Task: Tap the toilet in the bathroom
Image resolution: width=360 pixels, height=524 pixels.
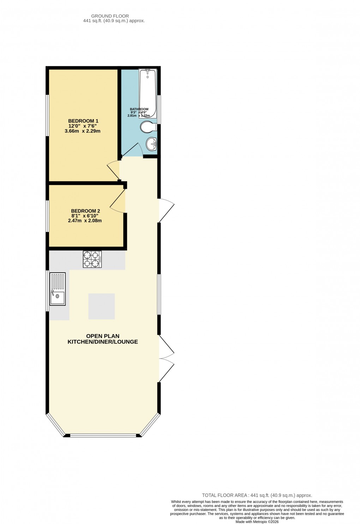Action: (x=148, y=127)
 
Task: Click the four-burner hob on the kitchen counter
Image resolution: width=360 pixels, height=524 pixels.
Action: (x=92, y=259)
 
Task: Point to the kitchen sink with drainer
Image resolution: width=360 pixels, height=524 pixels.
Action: (x=58, y=289)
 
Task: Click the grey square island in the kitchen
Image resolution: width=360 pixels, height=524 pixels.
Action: (x=101, y=306)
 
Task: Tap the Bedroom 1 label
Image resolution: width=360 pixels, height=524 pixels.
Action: (x=83, y=121)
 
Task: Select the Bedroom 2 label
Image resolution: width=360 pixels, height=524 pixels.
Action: (x=85, y=211)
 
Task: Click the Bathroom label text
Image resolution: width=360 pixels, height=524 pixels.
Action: (x=139, y=109)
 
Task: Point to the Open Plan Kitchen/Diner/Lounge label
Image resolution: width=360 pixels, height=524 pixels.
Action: (x=103, y=339)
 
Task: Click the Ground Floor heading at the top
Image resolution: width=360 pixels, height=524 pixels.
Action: (x=110, y=16)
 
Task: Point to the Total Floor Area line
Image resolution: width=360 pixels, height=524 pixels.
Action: (x=257, y=495)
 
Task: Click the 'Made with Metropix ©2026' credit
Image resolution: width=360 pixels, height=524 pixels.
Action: (x=257, y=522)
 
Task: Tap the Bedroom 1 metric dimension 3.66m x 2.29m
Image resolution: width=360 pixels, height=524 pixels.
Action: (x=83, y=131)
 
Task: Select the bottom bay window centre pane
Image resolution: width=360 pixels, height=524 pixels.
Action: (x=103, y=436)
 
